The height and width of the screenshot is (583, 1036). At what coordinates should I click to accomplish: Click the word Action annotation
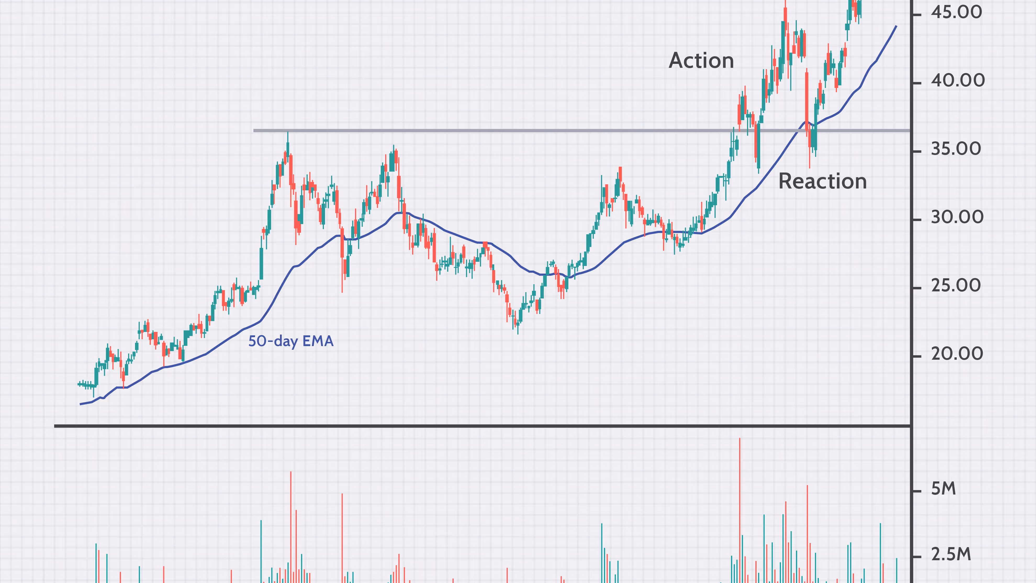click(701, 61)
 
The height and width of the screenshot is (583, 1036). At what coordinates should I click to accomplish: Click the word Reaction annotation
click(822, 181)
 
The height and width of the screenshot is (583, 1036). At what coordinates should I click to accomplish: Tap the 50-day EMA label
click(291, 341)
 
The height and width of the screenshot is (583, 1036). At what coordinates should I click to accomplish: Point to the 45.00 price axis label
click(956, 13)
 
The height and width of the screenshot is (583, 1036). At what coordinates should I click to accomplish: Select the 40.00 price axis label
click(957, 81)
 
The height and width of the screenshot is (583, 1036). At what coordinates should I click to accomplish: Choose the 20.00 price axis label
click(957, 354)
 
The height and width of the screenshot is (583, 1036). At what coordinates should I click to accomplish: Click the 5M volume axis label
click(943, 489)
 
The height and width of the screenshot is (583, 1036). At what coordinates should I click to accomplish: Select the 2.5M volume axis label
click(951, 555)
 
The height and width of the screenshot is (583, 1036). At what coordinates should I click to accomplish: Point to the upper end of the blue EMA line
click(896, 26)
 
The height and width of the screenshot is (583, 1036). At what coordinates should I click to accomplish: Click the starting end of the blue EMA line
click(81, 404)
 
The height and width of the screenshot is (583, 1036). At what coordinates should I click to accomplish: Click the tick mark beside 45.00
click(917, 15)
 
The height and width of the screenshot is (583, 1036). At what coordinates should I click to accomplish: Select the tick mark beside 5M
click(917, 491)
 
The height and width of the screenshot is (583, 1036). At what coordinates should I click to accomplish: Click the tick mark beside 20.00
click(917, 356)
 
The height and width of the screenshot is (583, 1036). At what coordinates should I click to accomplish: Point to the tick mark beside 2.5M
click(917, 557)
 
